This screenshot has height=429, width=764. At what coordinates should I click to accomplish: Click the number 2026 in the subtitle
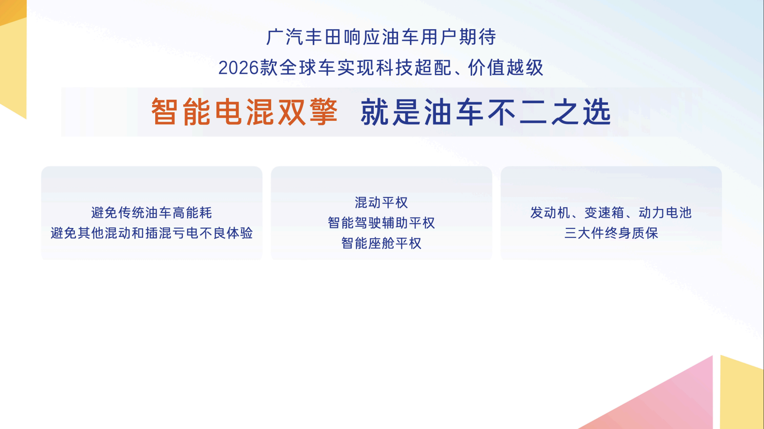tap(238, 68)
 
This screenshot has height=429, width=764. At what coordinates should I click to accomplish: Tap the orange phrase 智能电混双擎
tap(244, 112)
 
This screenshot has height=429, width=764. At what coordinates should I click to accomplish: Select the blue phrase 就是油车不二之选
tap(486, 112)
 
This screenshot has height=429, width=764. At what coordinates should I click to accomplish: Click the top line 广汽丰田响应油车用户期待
tap(381, 37)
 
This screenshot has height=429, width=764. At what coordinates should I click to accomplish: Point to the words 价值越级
tap(505, 68)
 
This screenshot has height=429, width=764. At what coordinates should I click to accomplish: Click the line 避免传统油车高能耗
tap(151, 213)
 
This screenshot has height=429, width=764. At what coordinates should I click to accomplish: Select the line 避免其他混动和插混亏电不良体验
tap(151, 233)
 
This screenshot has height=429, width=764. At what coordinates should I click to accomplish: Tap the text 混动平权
tap(381, 203)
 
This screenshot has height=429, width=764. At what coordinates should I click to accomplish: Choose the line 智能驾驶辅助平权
tap(381, 223)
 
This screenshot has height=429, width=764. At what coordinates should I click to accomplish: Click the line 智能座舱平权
tap(381, 243)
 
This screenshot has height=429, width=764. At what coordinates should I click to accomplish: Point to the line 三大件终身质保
tap(611, 233)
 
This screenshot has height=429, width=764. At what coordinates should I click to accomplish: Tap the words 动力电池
tap(665, 213)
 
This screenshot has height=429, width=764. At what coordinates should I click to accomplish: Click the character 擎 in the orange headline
tap(323, 112)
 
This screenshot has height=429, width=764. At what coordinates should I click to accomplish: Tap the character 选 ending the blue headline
tap(597, 112)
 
